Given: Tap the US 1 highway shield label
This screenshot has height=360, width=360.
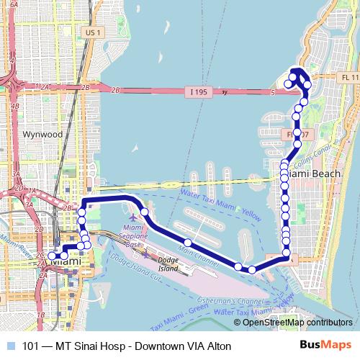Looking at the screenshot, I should pos(90,32).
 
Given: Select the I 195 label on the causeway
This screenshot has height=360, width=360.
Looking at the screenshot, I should pos(210,92).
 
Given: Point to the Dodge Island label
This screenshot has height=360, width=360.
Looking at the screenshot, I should pos(168,264).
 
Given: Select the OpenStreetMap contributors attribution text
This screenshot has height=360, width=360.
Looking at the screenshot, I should pos(297,323).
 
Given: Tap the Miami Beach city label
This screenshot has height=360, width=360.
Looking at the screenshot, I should pos(308,174).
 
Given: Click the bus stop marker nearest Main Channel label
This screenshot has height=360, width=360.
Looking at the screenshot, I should pos(187,243).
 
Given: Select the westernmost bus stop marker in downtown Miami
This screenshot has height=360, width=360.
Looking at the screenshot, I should pos(52,256).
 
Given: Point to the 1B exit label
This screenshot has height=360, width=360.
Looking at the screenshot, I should pos(41,315).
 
